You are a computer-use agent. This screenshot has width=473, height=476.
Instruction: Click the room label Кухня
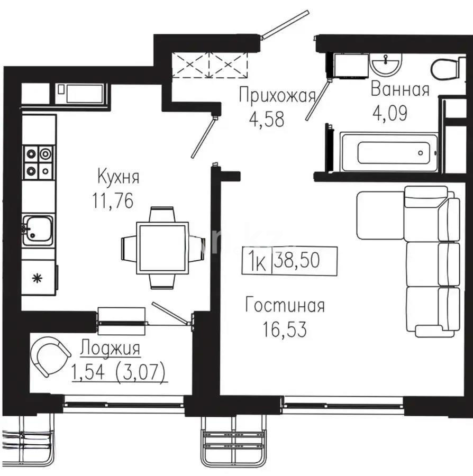tap(118, 177)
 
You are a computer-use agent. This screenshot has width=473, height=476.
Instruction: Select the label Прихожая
tap(277, 96)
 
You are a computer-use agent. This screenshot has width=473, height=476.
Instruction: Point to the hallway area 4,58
tap(267, 118)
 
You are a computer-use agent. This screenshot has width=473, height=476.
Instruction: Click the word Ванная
tap(399, 89)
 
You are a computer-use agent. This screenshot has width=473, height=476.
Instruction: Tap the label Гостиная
tap(285, 305)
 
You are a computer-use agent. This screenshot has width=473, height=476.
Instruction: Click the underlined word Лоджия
tap(111, 349)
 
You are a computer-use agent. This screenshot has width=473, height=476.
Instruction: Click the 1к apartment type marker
tap(257, 261)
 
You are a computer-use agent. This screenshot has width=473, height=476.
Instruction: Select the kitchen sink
tap(38, 230)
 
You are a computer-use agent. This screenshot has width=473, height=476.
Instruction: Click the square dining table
tap(162, 248)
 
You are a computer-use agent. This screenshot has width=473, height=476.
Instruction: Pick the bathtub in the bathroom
tap(390, 153)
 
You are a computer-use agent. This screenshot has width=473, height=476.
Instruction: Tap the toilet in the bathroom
tap(443, 69)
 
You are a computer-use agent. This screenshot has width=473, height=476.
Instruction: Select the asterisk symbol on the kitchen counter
tap(37, 279)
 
